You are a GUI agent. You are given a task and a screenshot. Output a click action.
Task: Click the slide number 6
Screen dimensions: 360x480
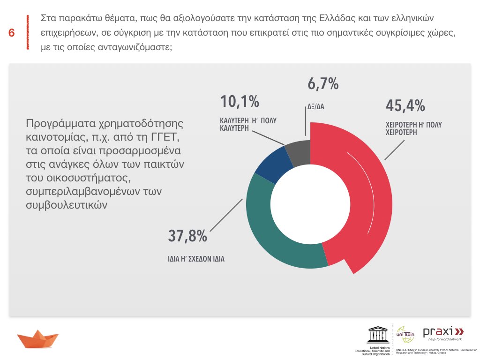coord(11,33)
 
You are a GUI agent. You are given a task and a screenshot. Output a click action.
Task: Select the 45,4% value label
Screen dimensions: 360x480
coord(405,105)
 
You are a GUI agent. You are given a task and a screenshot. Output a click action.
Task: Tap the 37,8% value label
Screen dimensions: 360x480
coord(187,236)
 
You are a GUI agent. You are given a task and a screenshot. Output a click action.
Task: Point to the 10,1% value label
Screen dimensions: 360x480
coord(240,101)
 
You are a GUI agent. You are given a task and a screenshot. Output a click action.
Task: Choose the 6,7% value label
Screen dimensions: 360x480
coord(323,84)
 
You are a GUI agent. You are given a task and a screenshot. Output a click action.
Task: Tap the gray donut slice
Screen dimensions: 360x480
coord(296,151)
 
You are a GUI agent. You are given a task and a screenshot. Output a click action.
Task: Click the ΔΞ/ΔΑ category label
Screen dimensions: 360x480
coord(316,106)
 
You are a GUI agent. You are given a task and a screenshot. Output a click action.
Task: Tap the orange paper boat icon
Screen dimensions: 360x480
coord(37,338)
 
